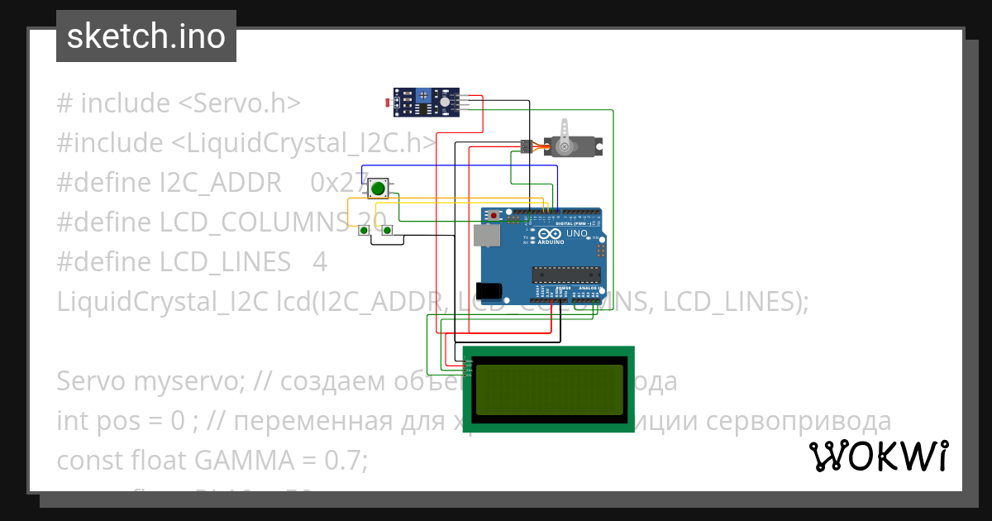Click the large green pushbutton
pyautogui.click(x=378, y=189)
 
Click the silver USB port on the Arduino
pyautogui.click(x=486, y=237)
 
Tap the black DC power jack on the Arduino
pyautogui.click(x=493, y=290)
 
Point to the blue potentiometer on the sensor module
pyautogui.click(x=425, y=96)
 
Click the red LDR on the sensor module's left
pyautogui.click(x=388, y=103)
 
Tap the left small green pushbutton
pyautogui.click(x=364, y=230)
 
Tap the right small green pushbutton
pyautogui.click(x=387, y=230)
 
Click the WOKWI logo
pyautogui.click(x=878, y=456)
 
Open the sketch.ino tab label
pyautogui.click(x=146, y=36)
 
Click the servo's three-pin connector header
pyautogui.click(x=526, y=146)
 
